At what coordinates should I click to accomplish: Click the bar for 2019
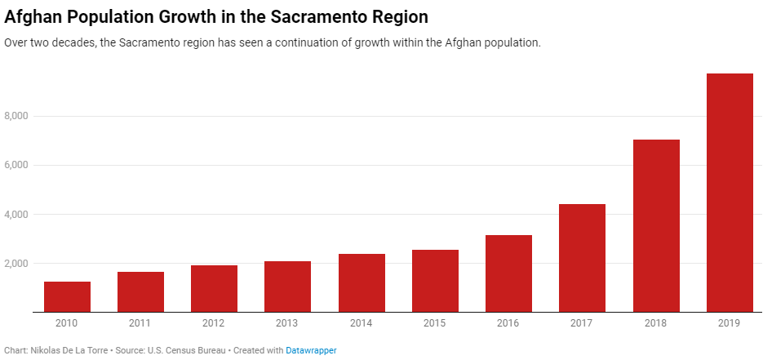tap(730, 193)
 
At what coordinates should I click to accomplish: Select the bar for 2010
tap(67, 297)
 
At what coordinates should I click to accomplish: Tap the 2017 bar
tap(583, 258)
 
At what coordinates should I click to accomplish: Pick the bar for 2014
tap(362, 282)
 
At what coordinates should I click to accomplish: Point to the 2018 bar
tap(656, 225)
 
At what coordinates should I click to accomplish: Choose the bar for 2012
tap(214, 288)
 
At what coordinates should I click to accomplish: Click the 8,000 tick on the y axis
tap(16, 117)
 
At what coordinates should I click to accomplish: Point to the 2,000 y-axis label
tap(16, 264)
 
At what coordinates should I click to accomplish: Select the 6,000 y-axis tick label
tap(16, 166)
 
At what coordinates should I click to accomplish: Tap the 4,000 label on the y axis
tap(16, 215)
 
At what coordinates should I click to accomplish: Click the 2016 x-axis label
tap(508, 323)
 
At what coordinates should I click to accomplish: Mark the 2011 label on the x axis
tap(140, 323)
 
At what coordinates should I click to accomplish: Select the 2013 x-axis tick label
tap(287, 323)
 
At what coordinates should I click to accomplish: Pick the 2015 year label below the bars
tap(435, 323)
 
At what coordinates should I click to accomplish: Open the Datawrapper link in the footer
tap(311, 350)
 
